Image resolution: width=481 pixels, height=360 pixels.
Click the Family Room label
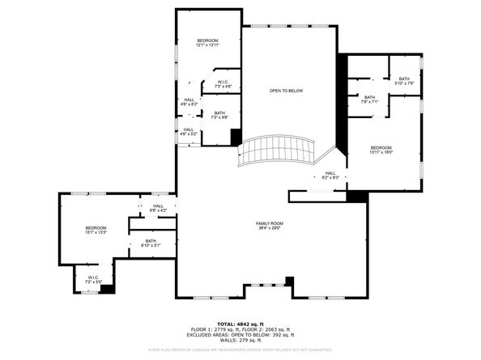tap(270, 222)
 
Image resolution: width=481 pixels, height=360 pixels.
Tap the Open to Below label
tap(286, 91)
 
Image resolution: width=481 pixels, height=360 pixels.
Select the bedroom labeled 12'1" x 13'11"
tap(208, 43)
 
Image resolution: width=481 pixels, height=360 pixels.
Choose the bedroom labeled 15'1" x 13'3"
tap(96, 231)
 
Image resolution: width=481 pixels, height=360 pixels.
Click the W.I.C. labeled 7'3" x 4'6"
tap(223, 83)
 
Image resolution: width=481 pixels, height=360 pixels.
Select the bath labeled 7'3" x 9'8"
tap(219, 116)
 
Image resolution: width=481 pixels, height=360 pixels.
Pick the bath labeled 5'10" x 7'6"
tap(404, 81)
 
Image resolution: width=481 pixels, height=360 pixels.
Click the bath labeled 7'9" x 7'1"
tap(369, 100)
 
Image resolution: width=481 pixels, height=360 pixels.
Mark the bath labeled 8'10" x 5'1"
tap(151, 242)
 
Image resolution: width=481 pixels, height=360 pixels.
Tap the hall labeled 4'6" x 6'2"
tap(188, 103)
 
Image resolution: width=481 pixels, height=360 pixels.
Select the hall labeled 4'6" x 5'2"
tap(188, 131)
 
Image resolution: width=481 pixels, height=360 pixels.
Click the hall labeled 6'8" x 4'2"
tap(157, 208)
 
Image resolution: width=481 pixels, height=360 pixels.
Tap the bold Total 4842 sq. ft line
tap(240, 323)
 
